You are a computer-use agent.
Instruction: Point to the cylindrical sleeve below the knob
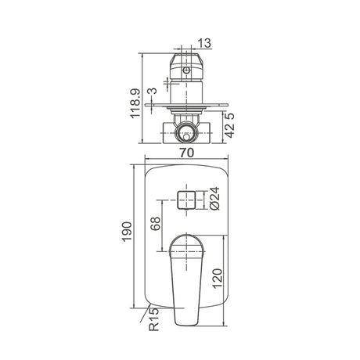[185, 91]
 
